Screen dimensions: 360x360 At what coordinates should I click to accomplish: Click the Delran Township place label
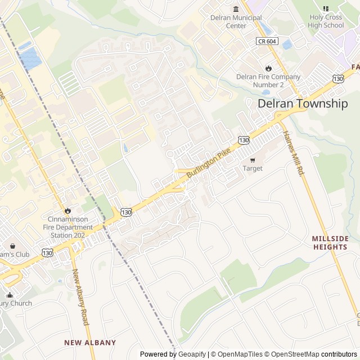pyautogui.click(x=303, y=103)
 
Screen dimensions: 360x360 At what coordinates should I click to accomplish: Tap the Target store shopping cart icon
pyautogui.click(x=253, y=159)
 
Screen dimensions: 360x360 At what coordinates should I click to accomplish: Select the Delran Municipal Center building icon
pyautogui.click(x=236, y=8)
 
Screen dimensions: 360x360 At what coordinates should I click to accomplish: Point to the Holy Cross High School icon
pyautogui.click(x=326, y=8)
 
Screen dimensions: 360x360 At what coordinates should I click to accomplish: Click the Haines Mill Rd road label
pyautogui.click(x=293, y=153)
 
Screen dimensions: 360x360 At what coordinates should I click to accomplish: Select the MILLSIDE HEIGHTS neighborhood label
pyautogui.click(x=330, y=243)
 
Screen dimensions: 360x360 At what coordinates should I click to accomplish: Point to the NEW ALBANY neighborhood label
pyautogui.click(x=90, y=343)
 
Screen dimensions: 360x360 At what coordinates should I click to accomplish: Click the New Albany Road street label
pyautogui.click(x=80, y=297)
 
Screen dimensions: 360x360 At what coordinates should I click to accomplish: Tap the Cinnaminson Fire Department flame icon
pyautogui.click(x=67, y=211)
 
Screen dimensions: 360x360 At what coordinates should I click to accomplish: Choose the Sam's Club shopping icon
pyautogui.click(x=12, y=246)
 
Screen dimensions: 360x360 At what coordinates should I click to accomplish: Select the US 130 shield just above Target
pyautogui.click(x=244, y=139)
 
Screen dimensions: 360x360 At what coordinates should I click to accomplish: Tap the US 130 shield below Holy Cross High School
pyautogui.click(x=338, y=78)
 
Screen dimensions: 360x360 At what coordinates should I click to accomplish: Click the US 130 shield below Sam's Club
pyautogui.click(x=47, y=253)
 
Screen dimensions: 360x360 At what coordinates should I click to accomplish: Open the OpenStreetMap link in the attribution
pyautogui.click(x=292, y=354)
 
